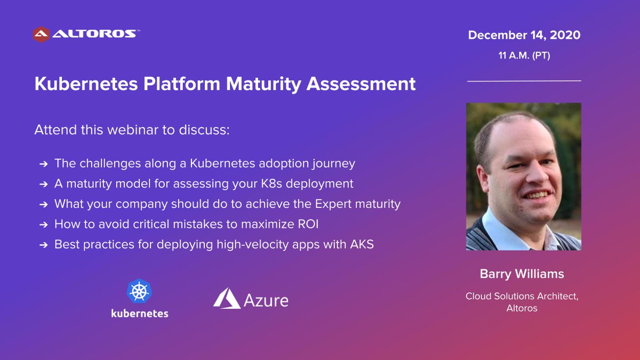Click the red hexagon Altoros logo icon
pos(42,34)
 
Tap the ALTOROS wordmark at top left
pos(94,34)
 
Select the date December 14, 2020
pos(524,36)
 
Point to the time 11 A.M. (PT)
pos(524,55)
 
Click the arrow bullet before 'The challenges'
pos(43,164)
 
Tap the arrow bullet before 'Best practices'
pos(43,245)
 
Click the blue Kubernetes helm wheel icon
pos(139,292)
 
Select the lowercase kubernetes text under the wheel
pos(140,314)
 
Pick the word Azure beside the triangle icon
pos(266,300)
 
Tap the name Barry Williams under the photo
pos(522,275)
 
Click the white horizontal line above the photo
pos(524,81)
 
